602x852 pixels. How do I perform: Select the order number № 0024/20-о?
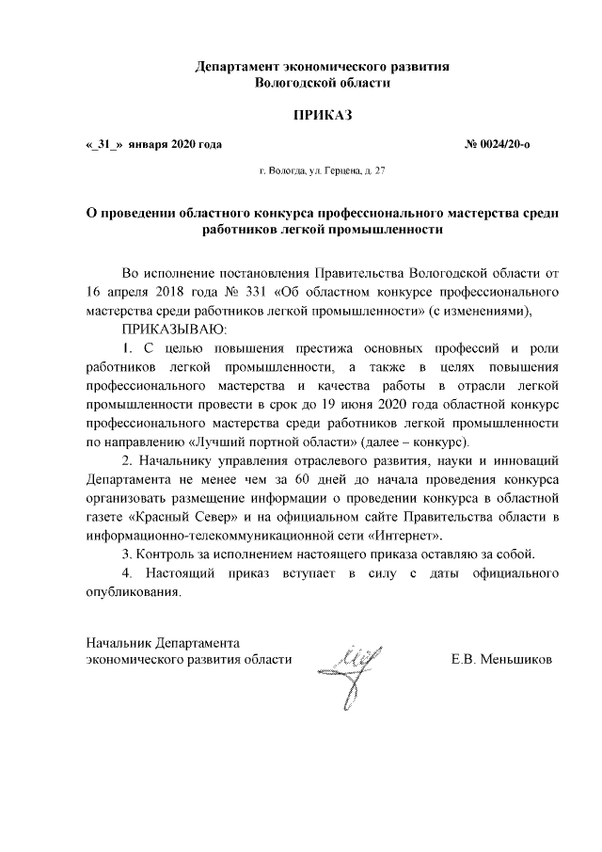503,146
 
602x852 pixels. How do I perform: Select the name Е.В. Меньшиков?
502,659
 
